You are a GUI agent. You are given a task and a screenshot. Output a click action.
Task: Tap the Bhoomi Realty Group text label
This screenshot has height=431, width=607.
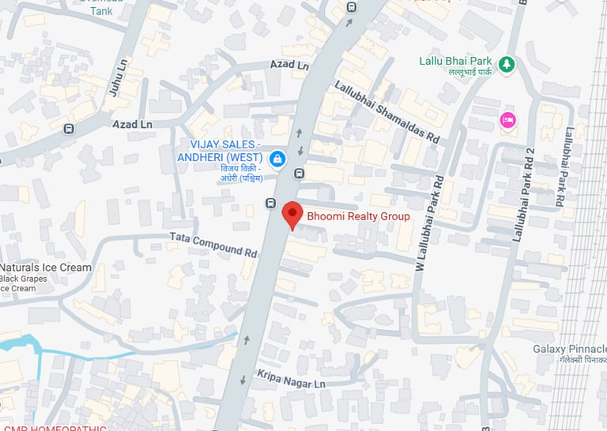[x=358, y=216]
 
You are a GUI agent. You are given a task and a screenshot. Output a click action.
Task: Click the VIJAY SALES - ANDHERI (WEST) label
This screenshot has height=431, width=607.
[x=224, y=150]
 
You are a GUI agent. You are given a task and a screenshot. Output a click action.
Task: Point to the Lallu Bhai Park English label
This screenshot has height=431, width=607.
[x=456, y=61]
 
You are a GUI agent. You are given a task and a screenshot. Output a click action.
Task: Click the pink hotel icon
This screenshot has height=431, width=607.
[x=507, y=120]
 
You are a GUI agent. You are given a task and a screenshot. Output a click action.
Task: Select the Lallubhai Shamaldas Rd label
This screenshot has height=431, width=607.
[x=386, y=112]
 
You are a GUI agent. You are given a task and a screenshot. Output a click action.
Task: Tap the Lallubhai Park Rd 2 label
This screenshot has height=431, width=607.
[x=524, y=194]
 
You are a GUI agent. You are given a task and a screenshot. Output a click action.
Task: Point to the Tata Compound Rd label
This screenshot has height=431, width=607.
[x=213, y=244]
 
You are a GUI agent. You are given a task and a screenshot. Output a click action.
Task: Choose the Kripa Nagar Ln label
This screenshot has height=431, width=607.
[x=291, y=377]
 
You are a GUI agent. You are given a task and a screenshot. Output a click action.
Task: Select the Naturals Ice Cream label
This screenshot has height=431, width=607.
[x=46, y=268]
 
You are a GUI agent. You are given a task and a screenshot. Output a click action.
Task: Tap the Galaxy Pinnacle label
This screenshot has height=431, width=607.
[x=570, y=349]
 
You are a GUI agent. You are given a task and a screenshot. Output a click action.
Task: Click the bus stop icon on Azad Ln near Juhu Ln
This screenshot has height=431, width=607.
[x=70, y=128]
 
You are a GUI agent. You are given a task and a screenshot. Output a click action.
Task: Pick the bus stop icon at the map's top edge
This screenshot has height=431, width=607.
[x=351, y=7]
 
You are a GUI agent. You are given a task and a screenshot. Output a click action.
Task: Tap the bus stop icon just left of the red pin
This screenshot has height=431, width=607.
[x=270, y=202]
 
